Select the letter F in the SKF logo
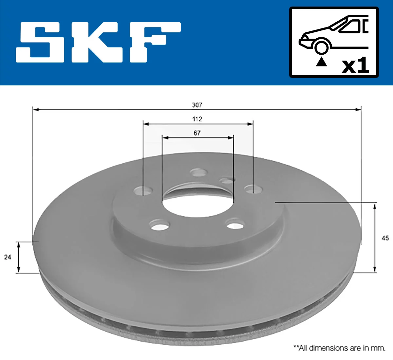(154, 42)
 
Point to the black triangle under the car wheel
(321, 62)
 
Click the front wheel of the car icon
(321, 46)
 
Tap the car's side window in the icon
(351, 26)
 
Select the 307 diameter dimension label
(197, 105)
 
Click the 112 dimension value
(197, 119)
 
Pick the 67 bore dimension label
(197, 133)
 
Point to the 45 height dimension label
(385, 238)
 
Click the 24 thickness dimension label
(8, 257)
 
